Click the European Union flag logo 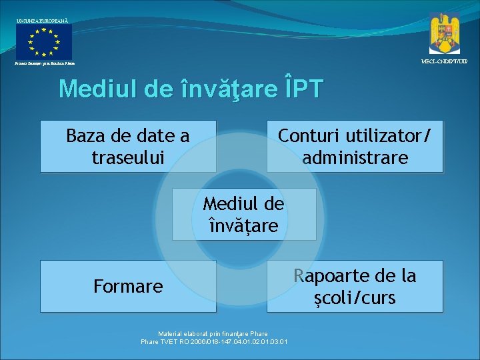44,41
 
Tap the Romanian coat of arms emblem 444,33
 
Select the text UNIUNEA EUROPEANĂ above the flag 42,21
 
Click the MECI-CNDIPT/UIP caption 444,61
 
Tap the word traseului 127,158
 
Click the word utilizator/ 387,136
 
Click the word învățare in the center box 243,226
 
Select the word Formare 128,287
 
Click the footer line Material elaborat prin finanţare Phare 213,333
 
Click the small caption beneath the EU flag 42,63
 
